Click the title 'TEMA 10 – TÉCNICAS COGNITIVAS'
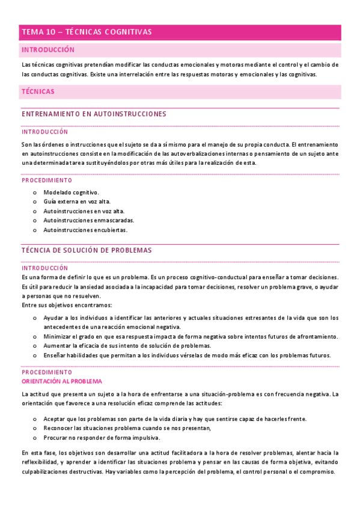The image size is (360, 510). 87,32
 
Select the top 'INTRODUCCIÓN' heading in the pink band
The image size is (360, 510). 48,50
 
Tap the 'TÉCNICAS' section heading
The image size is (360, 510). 38,91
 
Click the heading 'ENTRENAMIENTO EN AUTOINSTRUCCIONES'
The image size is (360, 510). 94,114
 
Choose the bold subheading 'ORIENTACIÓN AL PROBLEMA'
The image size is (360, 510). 62,381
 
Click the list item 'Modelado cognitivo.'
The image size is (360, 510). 72,192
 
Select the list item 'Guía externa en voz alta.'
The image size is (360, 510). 77,201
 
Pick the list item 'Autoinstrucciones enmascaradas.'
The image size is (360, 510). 88,220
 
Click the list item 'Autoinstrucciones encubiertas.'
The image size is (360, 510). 85,230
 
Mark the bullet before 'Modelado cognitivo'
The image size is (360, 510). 35,192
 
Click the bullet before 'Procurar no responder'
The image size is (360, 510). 35,437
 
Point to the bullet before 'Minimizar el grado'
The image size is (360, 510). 35,336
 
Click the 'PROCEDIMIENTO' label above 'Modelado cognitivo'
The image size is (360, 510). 47,180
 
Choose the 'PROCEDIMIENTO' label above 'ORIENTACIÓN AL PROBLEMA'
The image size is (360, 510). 47,373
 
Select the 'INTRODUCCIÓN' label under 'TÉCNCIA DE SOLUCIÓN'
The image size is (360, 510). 45,268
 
